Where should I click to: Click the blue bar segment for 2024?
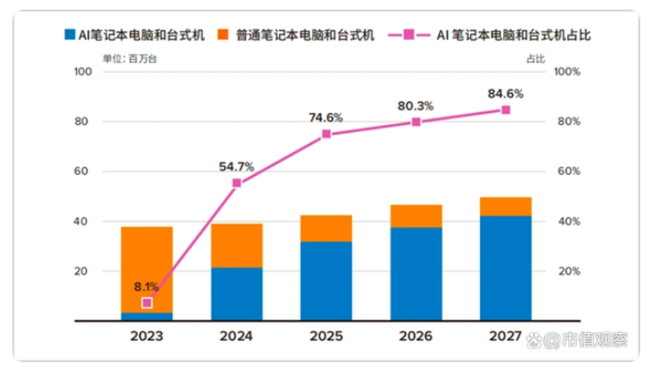pyautogui.click(x=237, y=294)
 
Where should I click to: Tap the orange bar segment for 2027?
pyautogui.click(x=505, y=206)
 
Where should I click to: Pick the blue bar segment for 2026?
pyautogui.click(x=416, y=274)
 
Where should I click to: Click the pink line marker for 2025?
pyautogui.click(x=327, y=134)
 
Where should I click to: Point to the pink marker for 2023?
pyautogui.click(x=147, y=303)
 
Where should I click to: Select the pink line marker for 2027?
pyautogui.click(x=505, y=110)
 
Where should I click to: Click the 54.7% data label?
pyautogui.click(x=237, y=166)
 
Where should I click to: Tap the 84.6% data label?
pyautogui.click(x=505, y=92)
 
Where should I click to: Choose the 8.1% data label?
pyautogui.click(x=147, y=286)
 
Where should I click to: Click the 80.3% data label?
pyautogui.click(x=416, y=106)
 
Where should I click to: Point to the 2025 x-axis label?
pyautogui.click(x=327, y=339)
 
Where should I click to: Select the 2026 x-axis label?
pyautogui.click(x=416, y=339)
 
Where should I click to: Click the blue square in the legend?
pyautogui.click(x=69, y=36)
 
